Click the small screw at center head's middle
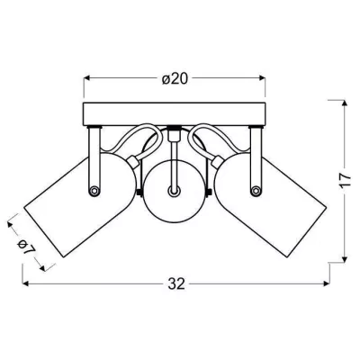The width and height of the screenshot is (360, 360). point(175,190)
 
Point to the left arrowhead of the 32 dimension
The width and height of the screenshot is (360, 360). point(24,283)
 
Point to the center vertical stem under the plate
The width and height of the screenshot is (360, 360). point(175,141)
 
